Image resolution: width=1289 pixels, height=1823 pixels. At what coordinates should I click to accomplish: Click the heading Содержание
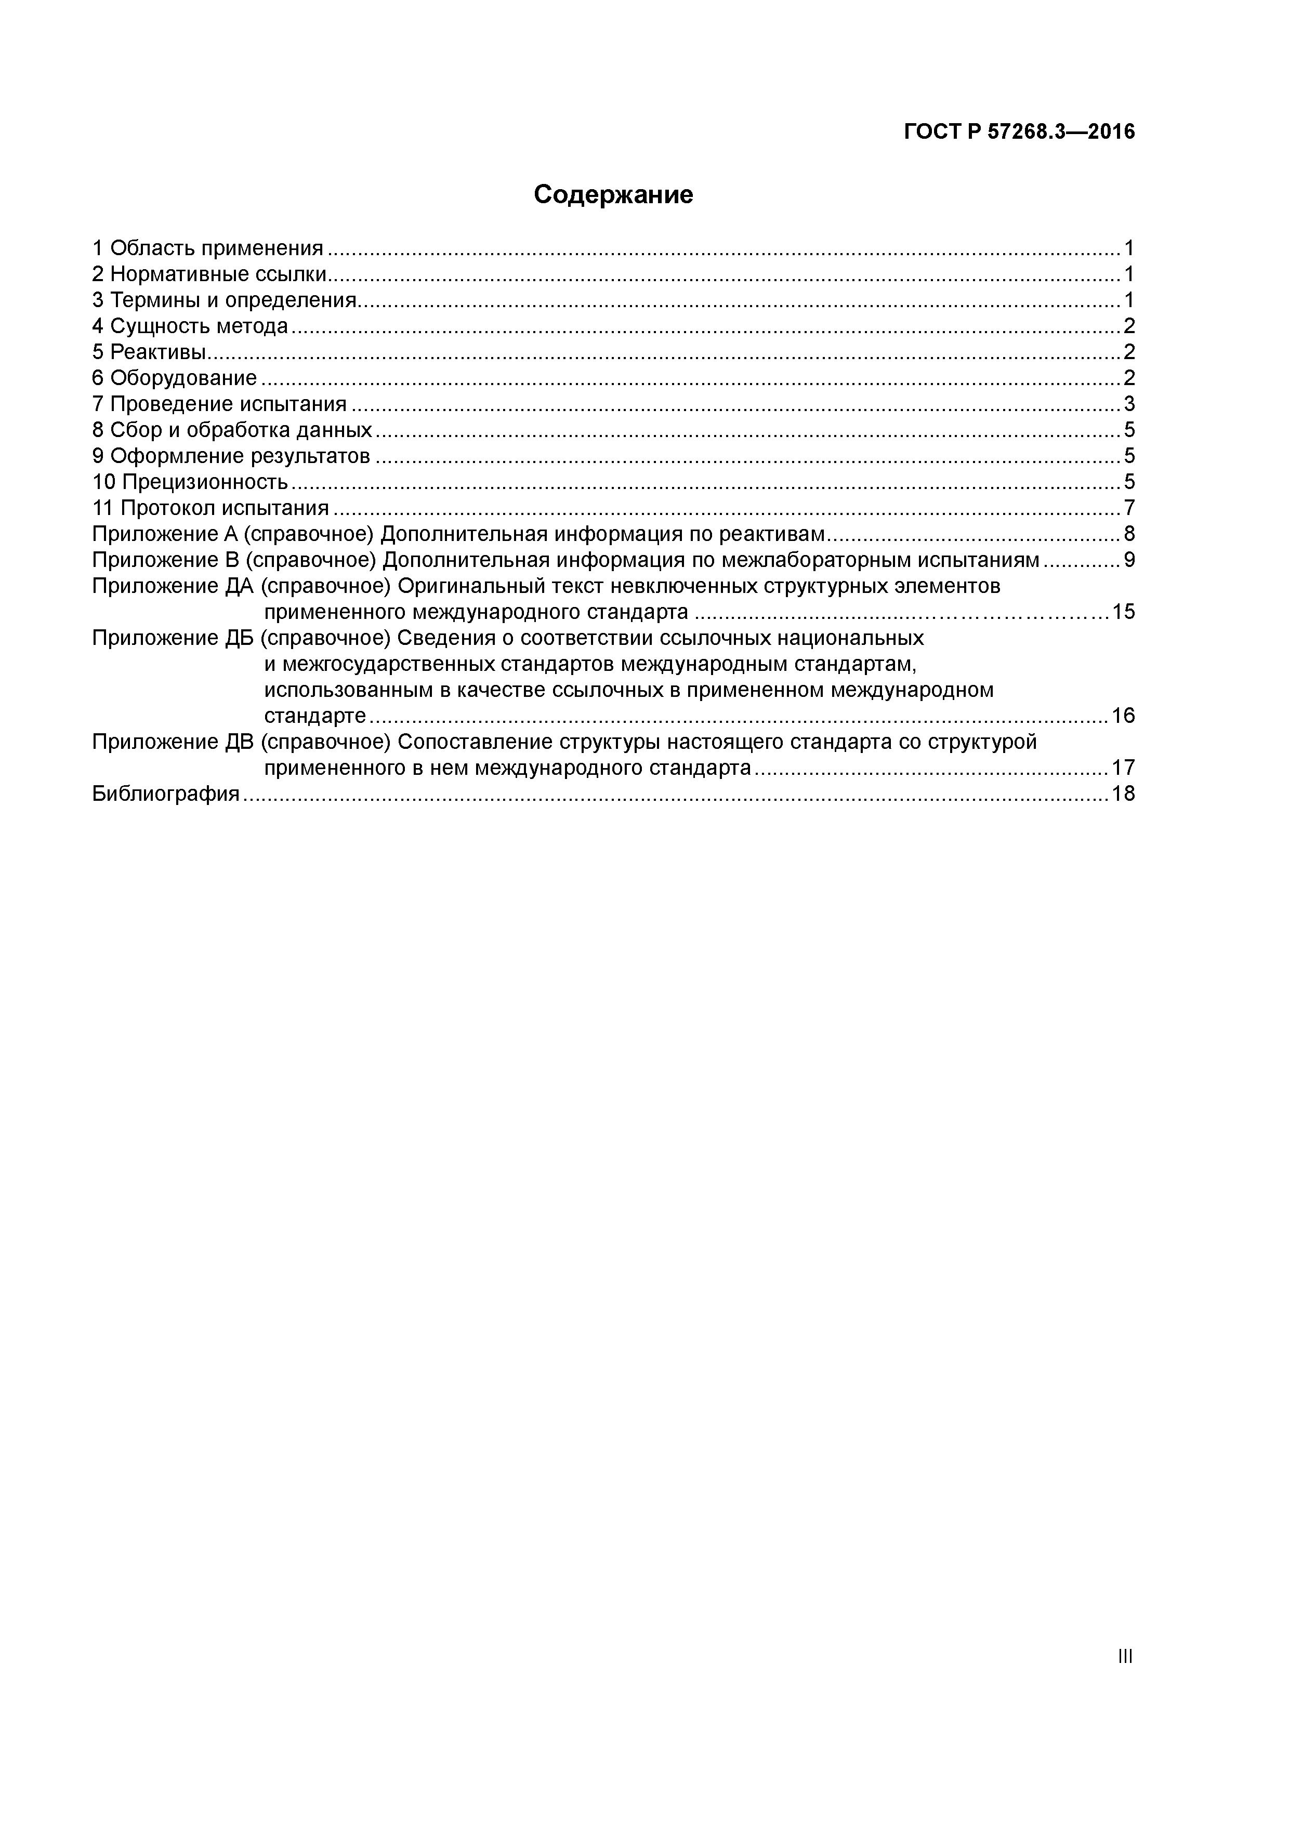[613, 194]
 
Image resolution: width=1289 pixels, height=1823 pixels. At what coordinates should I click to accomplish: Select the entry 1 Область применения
[208, 248]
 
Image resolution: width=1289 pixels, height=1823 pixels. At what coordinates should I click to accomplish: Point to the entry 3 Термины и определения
[225, 300]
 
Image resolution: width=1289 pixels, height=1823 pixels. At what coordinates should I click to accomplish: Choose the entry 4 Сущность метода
[191, 326]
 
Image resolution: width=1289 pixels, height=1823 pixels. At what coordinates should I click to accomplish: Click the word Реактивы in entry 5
[158, 352]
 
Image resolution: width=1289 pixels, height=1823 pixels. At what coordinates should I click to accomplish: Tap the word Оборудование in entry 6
[183, 378]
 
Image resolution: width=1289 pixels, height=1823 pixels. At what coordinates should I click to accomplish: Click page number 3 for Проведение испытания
[1128, 404]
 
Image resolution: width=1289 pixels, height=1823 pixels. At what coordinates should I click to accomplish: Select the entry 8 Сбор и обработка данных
[232, 430]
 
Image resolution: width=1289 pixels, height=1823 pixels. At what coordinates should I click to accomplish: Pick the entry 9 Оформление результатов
[231, 456]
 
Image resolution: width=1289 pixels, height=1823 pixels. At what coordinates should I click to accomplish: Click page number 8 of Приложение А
[1128, 534]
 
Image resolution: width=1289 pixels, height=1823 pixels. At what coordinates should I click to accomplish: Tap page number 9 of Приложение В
[1128, 560]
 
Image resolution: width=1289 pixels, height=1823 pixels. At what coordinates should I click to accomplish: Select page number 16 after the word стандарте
[1123, 716]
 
